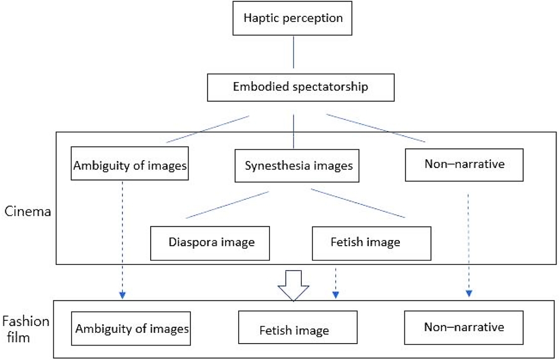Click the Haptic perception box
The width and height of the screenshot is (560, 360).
coord(293,18)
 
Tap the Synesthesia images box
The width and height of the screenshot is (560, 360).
coord(298,165)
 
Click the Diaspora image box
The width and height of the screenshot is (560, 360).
coord(210,243)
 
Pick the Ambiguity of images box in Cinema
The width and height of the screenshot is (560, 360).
coord(130,165)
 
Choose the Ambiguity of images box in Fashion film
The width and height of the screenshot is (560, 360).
coord(131,328)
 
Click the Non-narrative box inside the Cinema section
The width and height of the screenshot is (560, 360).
coord(465,164)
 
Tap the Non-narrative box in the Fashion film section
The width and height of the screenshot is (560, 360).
coord(464,327)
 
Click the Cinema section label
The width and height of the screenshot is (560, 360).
coord(28,211)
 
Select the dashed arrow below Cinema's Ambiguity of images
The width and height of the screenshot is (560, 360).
coord(122,239)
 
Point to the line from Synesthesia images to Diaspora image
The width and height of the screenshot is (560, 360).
coord(228,204)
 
